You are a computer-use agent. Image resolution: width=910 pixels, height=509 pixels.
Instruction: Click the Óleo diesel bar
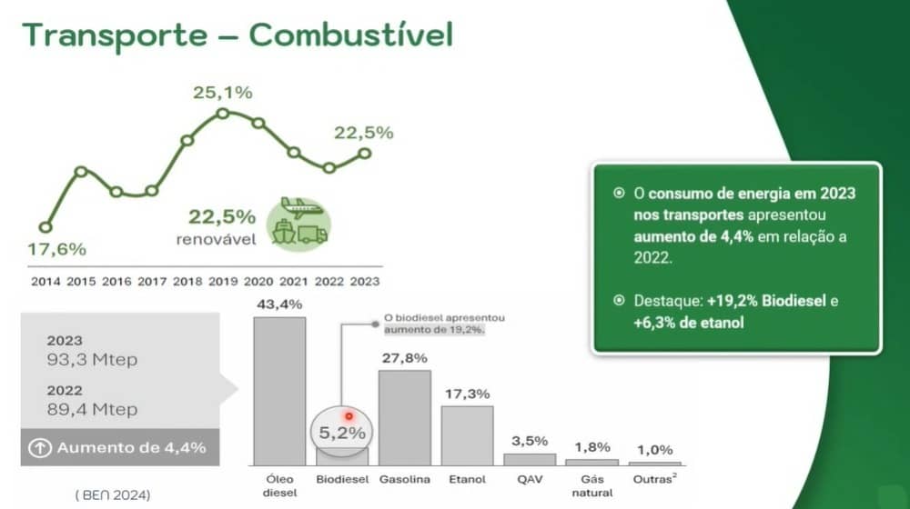[x=279, y=391]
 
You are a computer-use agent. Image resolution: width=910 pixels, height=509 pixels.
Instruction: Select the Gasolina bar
[x=405, y=417]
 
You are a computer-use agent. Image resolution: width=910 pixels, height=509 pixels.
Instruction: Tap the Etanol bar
[x=467, y=435]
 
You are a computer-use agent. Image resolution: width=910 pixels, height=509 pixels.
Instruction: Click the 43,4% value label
[x=279, y=304]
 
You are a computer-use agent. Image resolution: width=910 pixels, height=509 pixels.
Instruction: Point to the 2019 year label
[x=223, y=282]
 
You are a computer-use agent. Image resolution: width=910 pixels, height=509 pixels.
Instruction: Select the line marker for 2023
[x=365, y=154]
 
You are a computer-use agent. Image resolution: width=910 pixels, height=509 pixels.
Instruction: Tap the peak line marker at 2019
[x=222, y=114]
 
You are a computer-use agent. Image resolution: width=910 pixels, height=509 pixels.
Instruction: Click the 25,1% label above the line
[x=223, y=92]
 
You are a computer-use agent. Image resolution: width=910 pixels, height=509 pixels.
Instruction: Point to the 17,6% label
[x=56, y=249]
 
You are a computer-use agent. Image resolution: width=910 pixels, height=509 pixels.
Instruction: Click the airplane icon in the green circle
[x=301, y=207]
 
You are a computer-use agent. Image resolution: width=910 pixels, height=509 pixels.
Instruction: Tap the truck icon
[x=313, y=234]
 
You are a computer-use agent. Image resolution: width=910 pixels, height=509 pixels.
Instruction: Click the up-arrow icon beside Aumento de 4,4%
[x=40, y=447]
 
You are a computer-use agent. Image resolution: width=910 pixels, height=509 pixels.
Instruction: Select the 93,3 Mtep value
[x=92, y=359]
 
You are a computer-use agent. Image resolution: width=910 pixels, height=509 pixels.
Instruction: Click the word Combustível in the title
[x=351, y=35]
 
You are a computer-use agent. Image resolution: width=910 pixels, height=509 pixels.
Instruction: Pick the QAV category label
[x=530, y=479]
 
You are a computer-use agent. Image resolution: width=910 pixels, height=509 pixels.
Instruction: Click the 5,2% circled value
[x=342, y=433]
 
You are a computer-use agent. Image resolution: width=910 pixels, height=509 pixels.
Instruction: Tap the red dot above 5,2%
[x=349, y=416]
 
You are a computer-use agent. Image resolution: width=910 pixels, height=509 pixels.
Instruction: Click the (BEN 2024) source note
[x=113, y=495]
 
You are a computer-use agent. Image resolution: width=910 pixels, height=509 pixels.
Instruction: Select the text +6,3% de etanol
[x=688, y=323]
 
